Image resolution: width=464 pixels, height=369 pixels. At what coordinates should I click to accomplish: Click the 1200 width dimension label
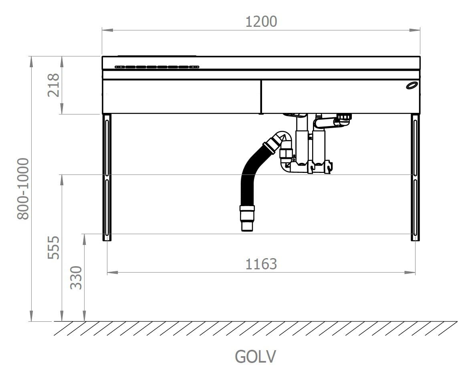[261, 22]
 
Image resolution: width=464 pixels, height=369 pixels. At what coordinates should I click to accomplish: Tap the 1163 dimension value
[261, 264]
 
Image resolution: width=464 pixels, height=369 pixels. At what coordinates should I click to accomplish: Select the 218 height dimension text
[54, 85]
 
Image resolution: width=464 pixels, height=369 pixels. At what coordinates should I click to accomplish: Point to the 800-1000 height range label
[23, 189]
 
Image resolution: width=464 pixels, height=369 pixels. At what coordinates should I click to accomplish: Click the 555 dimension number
[54, 247]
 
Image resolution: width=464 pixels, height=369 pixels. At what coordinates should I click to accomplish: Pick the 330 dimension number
[76, 278]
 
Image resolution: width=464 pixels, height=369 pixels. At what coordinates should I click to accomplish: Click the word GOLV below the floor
[256, 357]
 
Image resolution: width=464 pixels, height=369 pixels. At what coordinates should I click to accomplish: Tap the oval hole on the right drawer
[412, 86]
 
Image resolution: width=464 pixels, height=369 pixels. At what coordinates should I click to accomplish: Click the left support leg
[107, 177]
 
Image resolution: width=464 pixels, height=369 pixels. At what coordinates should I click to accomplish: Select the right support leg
[415, 177]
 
